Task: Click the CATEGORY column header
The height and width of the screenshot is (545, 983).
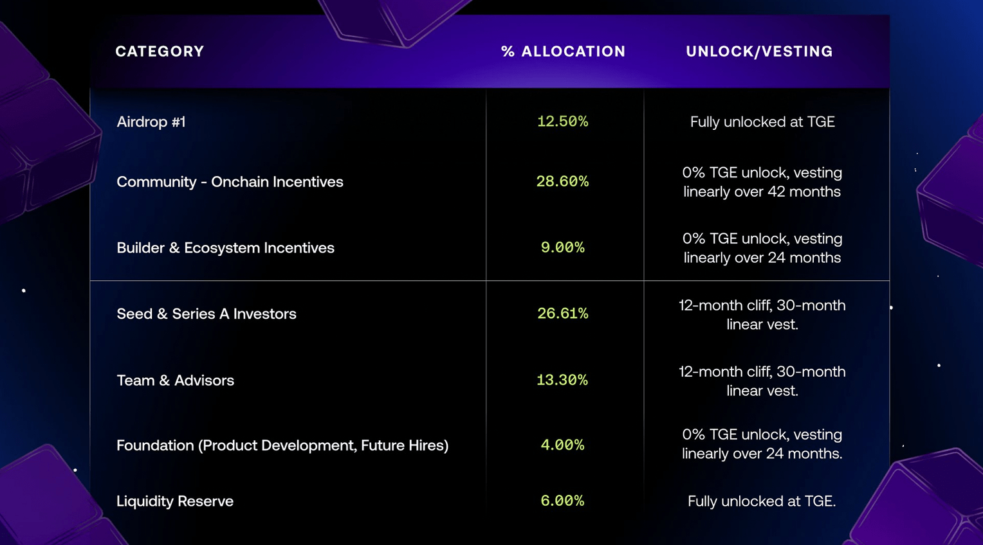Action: point(160,51)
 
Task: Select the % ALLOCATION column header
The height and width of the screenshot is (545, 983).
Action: point(563,51)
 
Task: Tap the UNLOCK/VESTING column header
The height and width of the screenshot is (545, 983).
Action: point(759,51)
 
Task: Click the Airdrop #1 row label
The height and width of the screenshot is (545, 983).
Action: point(151,121)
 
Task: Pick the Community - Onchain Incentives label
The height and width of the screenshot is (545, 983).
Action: point(230,182)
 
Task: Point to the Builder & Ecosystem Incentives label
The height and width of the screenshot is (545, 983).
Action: point(225,248)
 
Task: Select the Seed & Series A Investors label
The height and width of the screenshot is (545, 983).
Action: point(207,314)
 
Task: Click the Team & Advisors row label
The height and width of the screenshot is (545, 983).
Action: point(175,380)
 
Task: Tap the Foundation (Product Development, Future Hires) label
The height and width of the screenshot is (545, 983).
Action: point(282,445)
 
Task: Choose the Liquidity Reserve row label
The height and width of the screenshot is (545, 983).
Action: point(175,501)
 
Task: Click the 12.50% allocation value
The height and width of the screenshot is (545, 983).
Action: point(562,121)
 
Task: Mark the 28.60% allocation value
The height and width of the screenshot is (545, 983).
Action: point(562,182)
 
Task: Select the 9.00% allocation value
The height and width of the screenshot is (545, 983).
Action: point(562,248)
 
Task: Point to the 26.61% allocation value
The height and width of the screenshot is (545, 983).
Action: point(562,314)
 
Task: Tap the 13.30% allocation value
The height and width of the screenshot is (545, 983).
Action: point(562,380)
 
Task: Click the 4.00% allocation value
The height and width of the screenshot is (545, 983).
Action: point(562,445)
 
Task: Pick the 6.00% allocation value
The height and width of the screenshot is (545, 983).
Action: point(562,501)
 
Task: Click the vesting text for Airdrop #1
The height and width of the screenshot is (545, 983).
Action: point(762,121)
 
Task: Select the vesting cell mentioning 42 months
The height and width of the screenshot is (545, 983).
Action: point(762,182)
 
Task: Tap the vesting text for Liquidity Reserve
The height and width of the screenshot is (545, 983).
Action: point(762,501)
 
